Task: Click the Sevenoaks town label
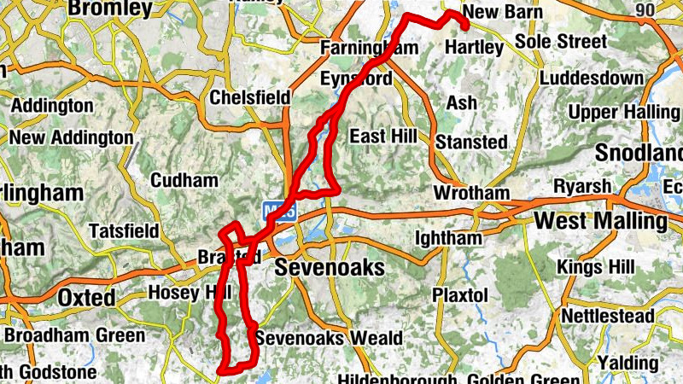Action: coord(330,269)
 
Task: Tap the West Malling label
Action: coord(600,222)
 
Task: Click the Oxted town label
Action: coord(87,298)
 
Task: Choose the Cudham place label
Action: coord(183,180)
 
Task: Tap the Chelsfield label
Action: coord(250,97)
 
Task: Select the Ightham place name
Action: coord(448,238)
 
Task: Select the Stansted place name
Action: coord(471,142)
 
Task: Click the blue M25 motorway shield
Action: coord(278,209)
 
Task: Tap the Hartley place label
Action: coord(475,48)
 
